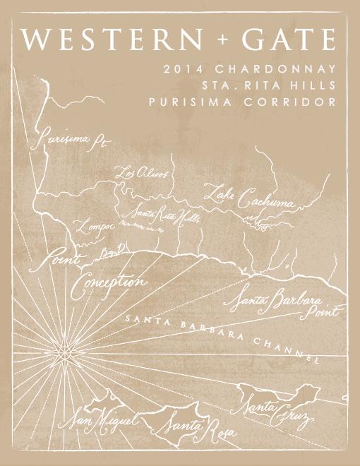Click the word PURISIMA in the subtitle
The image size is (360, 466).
[x=184, y=102]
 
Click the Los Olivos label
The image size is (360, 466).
[x=141, y=174]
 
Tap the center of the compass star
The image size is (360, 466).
[x=66, y=350]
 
